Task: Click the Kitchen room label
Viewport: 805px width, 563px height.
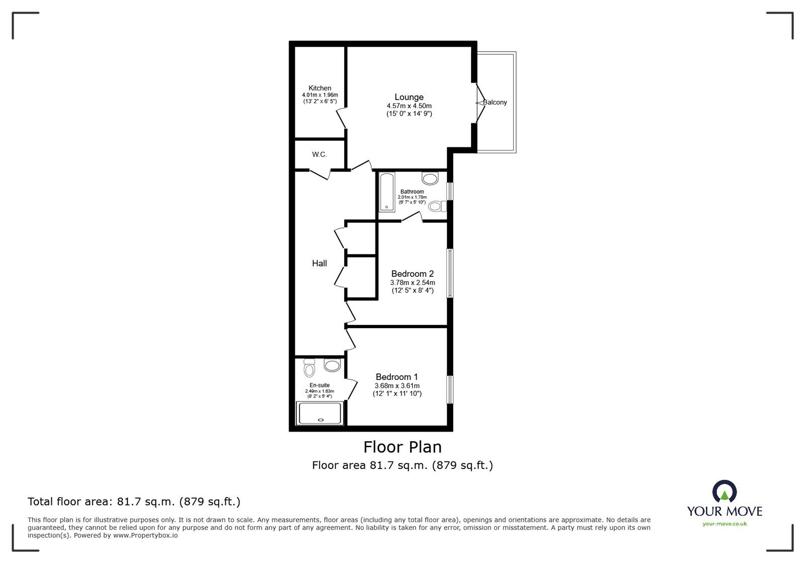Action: point(319,88)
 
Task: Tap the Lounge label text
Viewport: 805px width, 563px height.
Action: point(409,97)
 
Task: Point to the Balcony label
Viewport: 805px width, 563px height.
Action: point(495,103)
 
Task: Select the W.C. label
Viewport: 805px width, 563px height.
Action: point(319,154)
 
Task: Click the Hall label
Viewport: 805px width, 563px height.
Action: point(319,263)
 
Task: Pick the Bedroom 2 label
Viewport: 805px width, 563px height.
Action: point(413,274)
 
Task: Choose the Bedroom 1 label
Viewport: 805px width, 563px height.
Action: point(397,377)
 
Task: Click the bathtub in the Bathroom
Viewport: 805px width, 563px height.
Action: point(387,192)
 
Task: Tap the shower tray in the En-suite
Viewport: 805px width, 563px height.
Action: point(319,413)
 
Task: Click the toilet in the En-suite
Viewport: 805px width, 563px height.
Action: point(309,368)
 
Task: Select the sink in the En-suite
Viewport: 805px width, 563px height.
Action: point(332,365)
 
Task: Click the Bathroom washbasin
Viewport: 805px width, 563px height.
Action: point(430,178)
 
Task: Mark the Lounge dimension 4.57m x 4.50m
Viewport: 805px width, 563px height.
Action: point(409,106)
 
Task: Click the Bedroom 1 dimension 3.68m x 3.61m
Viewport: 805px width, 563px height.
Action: point(397,386)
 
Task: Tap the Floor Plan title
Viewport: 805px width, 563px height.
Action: point(403,447)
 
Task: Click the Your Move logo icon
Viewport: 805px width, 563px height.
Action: point(725,491)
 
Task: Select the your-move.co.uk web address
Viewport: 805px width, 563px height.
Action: point(725,524)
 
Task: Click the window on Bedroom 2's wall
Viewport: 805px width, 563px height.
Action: point(450,273)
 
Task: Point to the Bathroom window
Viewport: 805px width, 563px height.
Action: point(450,191)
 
